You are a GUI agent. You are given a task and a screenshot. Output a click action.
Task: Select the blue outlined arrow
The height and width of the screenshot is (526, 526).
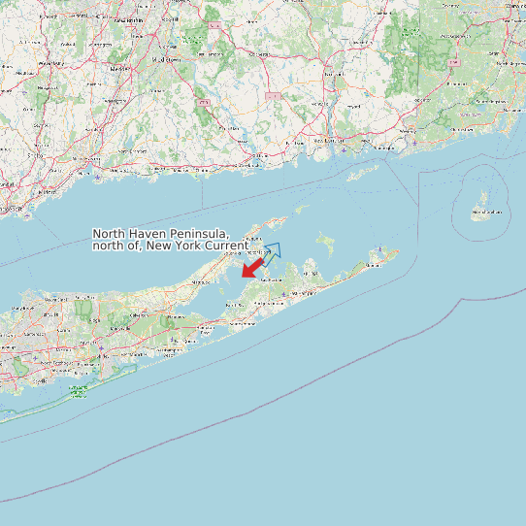click(x=271, y=252)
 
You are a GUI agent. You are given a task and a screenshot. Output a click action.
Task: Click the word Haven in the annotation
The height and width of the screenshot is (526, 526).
click(x=149, y=234)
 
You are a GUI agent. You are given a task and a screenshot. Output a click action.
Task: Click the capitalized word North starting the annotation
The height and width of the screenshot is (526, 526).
click(x=111, y=234)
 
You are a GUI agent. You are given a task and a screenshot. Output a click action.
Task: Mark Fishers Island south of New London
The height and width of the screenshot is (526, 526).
click(x=365, y=172)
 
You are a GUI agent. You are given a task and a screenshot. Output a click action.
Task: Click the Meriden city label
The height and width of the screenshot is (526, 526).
click(x=121, y=70)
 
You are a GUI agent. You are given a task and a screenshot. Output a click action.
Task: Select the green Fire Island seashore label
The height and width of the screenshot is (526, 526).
click(x=78, y=391)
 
